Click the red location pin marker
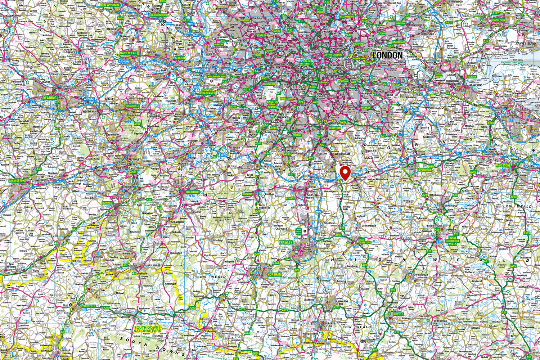[346, 173]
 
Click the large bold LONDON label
[387, 55]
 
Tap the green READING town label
[50, 98]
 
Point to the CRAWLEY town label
[285, 243]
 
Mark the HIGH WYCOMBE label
[110, 5]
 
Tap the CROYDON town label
[334, 128]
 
